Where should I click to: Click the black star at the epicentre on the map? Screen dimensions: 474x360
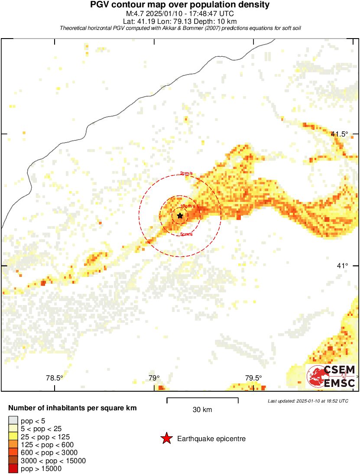pyautogui.click(x=180, y=215)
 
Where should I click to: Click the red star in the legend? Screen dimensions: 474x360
pyautogui.click(x=166, y=439)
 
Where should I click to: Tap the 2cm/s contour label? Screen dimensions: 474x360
pyautogui.click(x=186, y=173)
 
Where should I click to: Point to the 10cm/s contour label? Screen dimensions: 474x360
pyautogui.click(x=187, y=206)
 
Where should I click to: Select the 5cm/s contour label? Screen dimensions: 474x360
pyautogui.click(x=186, y=235)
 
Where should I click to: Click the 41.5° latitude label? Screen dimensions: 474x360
pyautogui.click(x=339, y=134)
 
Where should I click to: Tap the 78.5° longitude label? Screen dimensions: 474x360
pyautogui.click(x=55, y=378)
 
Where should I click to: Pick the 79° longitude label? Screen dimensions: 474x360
pyautogui.click(x=154, y=378)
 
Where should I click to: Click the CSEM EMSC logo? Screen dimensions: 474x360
pyautogui.click(x=331, y=376)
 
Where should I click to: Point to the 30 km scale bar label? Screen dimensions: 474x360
pyautogui.click(x=202, y=409)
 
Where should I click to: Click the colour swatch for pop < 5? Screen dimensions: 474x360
pyautogui.click(x=13, y=420)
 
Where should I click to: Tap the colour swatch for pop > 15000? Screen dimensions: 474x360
pyautogui.click(x=13, y=468)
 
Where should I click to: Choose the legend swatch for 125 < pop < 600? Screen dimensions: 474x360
pyautogui.click(x=13, y=444)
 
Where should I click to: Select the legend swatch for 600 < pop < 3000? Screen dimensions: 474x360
pyautogui.click(x=13, y=452)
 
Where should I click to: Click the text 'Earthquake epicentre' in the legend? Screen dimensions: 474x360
pyautogui.click(x=211, y=439)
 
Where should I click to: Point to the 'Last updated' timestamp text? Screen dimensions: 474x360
pyautogui.click(x=308, y=401)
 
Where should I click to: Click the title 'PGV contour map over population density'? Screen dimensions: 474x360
pyautogui.click(x=180, y=5)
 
